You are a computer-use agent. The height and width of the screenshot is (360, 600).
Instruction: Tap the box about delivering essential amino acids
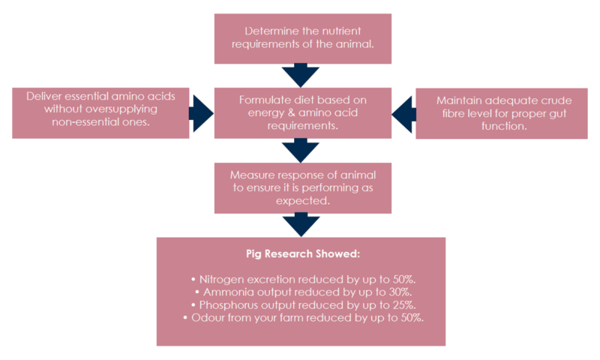pyautogui.click(x=100, y=112)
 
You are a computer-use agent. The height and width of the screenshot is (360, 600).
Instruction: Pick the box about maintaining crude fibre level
pyautogui.click(x=501, y=112)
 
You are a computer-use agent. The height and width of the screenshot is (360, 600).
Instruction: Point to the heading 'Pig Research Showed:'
pyautogui.click(x=301, y=254)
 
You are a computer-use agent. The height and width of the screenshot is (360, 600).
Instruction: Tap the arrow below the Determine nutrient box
pyautogui.click(x=301, y=75)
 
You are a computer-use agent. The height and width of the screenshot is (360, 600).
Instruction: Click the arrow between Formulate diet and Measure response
pyautogui.click(x=301, y=150)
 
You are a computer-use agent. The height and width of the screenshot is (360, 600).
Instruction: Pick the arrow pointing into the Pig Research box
pyautogui.click(x=301, y=224)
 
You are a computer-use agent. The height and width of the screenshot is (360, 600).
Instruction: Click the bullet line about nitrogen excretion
pyautogui.click(x=301, y=279)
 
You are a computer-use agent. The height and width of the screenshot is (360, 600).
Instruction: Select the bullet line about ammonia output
pyautogui.click(x=301, y=292)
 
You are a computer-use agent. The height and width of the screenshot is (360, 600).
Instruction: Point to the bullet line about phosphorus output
pyautogui.click(x=301, y=304)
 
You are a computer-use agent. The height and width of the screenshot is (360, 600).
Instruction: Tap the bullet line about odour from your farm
pyautogui.click(x=301, y=317)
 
